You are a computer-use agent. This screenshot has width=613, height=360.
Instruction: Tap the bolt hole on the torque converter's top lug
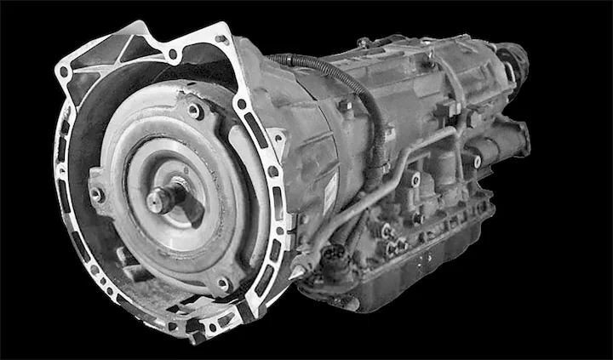coord(195,111)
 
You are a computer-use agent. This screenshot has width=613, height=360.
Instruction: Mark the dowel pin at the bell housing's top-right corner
coord(223,38)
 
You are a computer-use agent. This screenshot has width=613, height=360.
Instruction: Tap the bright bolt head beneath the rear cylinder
coord(477,161)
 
